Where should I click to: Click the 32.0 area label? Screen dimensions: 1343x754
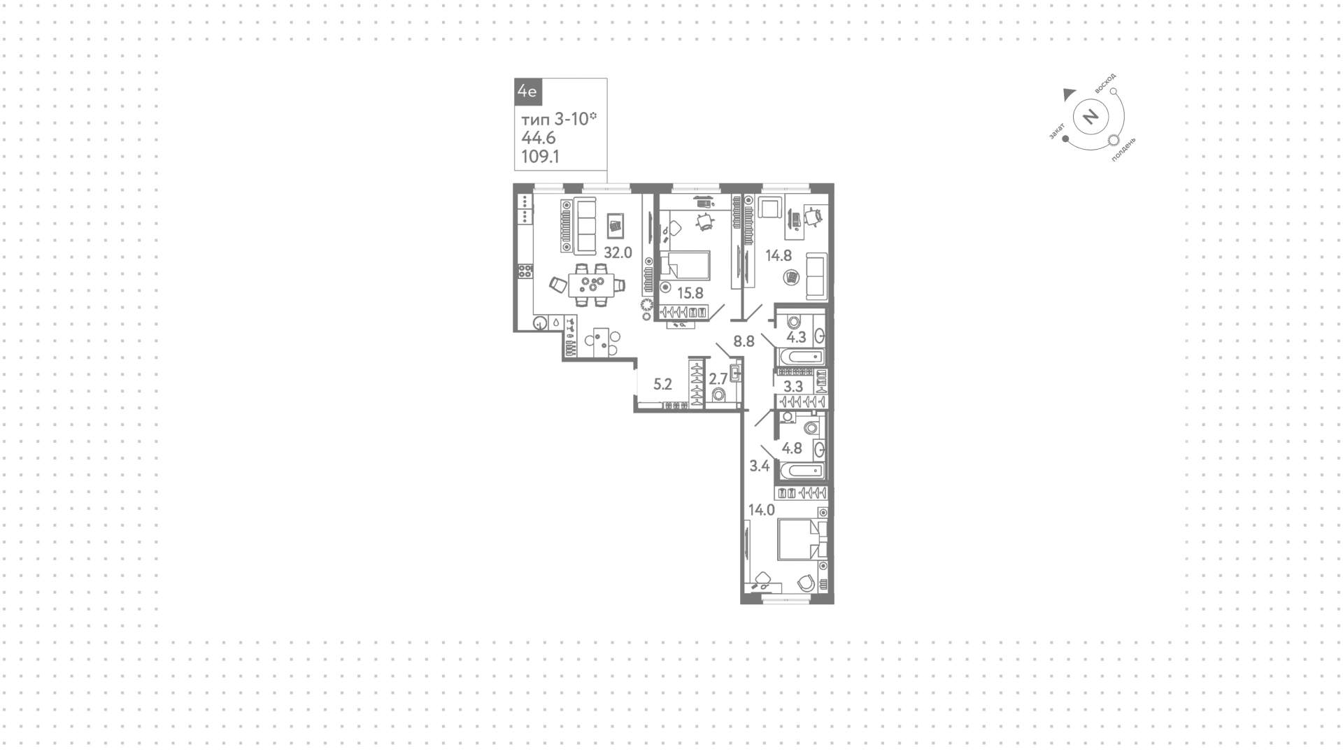click(x=618, y=253)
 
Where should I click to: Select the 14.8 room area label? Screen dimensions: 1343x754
click(x=779, y=256)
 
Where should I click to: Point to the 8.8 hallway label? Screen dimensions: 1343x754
click(x=744, y=342)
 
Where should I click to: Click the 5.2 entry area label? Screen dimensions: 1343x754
click(x=662, y=384)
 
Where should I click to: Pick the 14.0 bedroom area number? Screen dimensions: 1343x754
click(x=762, y=511)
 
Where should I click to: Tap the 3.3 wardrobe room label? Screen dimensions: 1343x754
click(x=793, y=386)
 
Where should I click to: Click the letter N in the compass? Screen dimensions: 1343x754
click(x=1090, y=116)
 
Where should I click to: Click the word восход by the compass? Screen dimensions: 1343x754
click(x=1107, y=84)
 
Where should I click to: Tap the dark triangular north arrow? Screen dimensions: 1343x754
click(x=1069, y=94)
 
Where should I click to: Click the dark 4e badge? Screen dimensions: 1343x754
click(x=527, y=92)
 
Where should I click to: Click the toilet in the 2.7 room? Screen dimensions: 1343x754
click(x=718, y=396)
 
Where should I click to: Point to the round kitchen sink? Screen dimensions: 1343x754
click(x=540, y=323)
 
